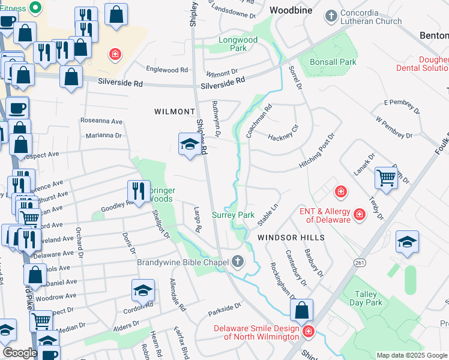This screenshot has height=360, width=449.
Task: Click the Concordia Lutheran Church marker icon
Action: (x=331, y=16)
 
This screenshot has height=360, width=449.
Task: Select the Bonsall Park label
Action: (x=333, y=62)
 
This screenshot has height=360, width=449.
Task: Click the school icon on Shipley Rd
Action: (x=189, y=144)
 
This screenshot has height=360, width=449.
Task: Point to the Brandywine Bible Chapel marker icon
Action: (x=238, y=262)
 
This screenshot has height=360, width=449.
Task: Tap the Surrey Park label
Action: (x=234, y=215)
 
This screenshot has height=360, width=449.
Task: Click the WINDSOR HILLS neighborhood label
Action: (x=291, y=238)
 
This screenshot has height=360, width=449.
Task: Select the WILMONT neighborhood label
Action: (x=175, y=112)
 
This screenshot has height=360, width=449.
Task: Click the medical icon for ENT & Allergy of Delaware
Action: (x=359, y=214)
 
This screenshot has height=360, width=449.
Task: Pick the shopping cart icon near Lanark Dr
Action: (x=385, y=177)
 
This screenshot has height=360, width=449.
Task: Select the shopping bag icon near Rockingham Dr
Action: (x=302, y=311)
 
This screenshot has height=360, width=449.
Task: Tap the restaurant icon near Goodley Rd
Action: (x=138, y=191)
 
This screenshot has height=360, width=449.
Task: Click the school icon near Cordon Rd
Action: (x=143, y=291)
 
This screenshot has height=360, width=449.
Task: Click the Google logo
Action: (x=20, y=353)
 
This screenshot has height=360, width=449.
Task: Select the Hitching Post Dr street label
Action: (x=316, y=152)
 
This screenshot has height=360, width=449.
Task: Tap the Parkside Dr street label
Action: (x=224, y=310)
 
